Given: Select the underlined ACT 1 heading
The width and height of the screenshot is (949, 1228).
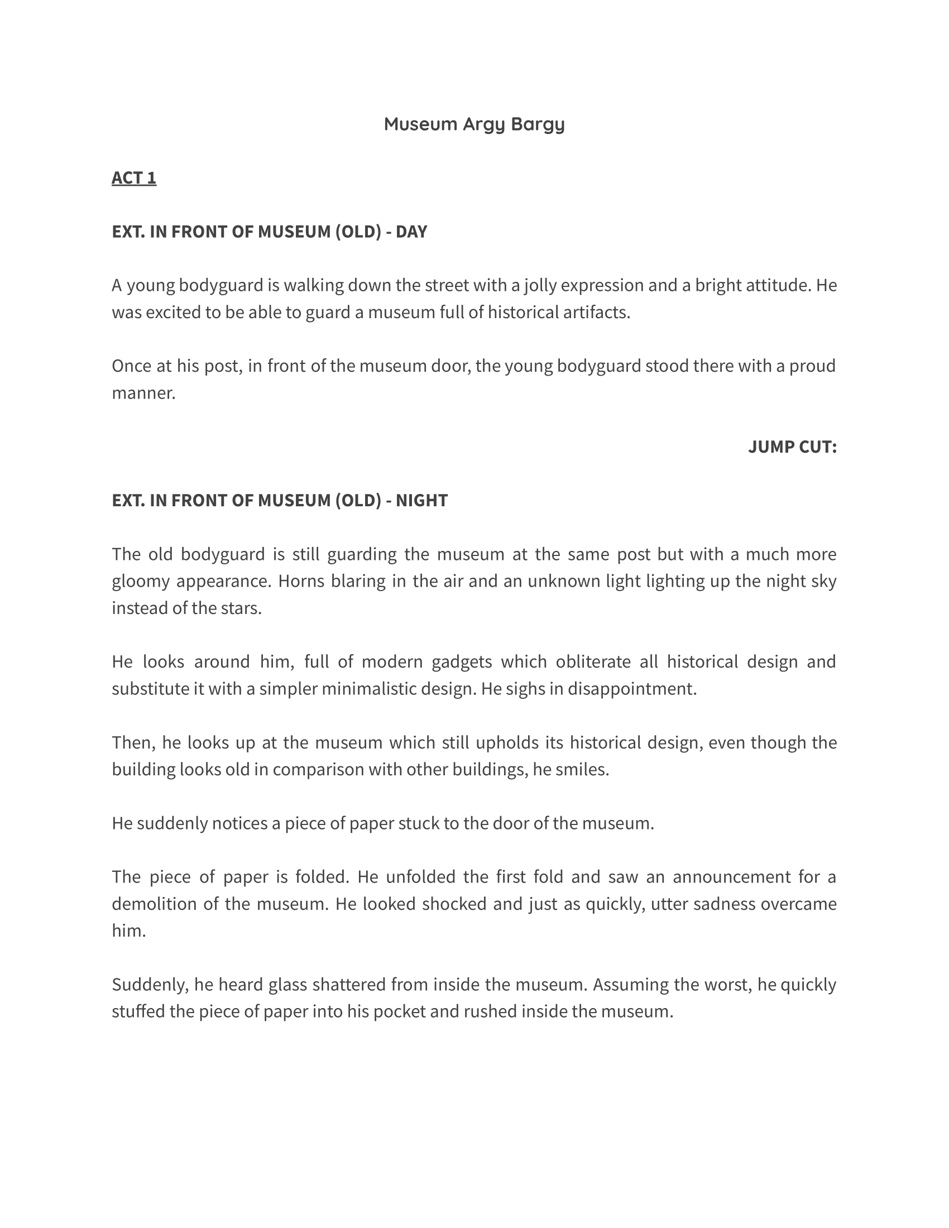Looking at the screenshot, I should coord(134,178).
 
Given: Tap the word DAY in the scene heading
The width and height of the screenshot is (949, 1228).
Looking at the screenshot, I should coord(411,232).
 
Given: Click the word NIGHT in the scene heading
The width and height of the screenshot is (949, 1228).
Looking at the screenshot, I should coord(421,501).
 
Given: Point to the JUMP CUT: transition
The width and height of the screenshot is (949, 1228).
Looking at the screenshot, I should coord(792,447).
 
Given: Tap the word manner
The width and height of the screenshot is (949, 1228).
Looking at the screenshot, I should coord(143,393).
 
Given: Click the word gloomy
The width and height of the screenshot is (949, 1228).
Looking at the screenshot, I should coord(141,581).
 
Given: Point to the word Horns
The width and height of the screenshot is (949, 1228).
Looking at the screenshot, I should coord(301,581).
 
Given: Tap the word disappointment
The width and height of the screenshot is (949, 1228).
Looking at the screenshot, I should coord(632,689).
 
